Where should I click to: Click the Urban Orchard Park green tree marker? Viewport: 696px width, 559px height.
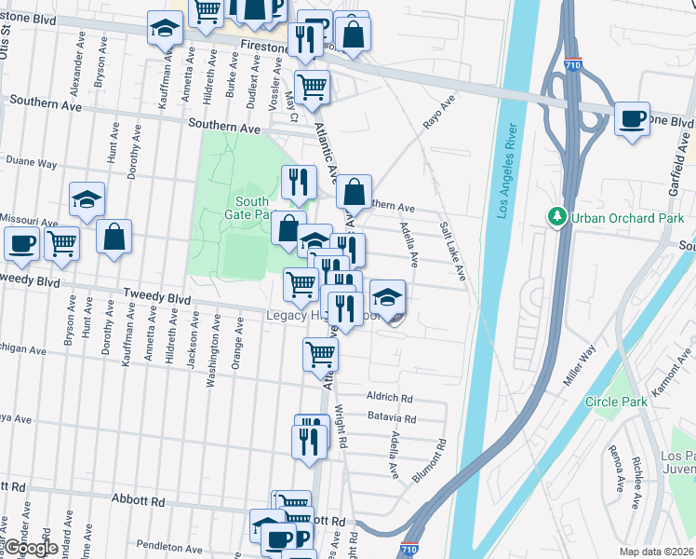pos(558,216)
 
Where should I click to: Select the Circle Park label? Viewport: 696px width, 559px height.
pos(615,402)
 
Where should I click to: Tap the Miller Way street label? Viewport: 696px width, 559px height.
pos(579,366)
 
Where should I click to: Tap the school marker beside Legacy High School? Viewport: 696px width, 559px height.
pos(387,298)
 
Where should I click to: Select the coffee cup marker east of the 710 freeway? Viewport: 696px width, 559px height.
pos(632,118)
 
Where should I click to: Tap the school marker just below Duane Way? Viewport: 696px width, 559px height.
pos(87,199)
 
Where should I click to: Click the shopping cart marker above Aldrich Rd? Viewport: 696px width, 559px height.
pos(320,354)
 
